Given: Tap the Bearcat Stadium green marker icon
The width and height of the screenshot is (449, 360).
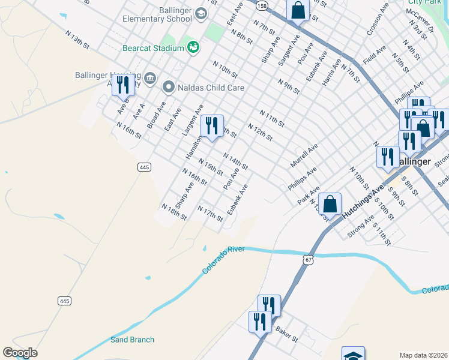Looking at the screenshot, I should click(193, 47).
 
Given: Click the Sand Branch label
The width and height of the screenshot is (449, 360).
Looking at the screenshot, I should click(132, 340).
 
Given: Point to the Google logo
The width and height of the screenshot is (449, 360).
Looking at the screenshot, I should click(20, 353).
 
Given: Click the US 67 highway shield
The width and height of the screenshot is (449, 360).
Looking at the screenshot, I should click(309, 259).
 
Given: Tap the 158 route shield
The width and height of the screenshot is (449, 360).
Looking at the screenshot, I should click(262, 5).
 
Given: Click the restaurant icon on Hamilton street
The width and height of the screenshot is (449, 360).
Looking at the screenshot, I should click(212, 125).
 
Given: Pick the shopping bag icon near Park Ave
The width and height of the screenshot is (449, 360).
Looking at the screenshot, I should click(330, 203).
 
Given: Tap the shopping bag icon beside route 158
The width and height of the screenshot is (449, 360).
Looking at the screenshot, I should click(298, 9).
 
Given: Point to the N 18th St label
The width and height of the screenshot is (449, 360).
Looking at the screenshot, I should click(174, 212).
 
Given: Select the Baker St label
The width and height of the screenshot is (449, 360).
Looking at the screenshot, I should click(287, 334).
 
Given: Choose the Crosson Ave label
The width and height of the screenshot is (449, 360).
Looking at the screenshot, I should click(375, 23).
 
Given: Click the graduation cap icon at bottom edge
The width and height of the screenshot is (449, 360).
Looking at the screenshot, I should click(353, 355).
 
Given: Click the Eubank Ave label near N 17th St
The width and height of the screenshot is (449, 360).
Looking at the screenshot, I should click(238, 200).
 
